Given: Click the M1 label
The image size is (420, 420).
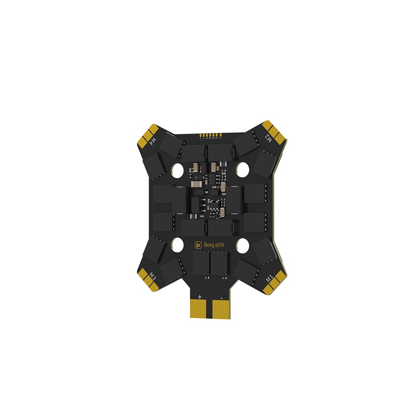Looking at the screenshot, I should tap(269, 278).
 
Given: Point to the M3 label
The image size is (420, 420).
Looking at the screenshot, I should tap(153, 277).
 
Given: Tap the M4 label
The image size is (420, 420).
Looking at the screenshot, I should tap(153, 139).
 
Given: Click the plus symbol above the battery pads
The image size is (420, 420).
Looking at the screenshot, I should tap(199, 297).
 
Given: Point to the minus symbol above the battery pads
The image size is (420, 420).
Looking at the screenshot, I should tap(221, 297).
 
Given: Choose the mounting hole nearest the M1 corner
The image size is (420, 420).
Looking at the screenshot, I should tap(242, 244).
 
